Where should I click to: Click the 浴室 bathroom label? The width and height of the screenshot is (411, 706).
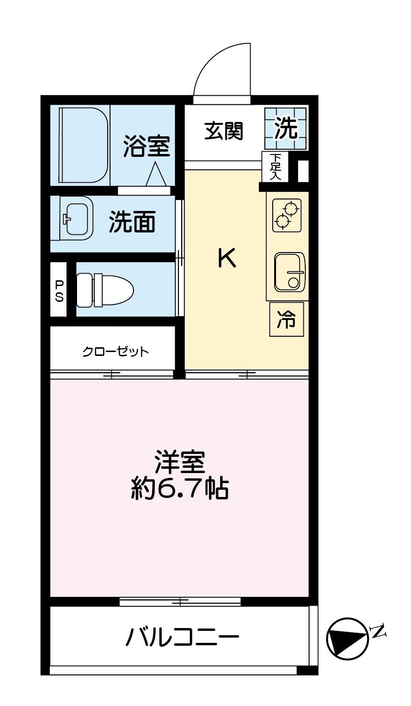click(146, 146)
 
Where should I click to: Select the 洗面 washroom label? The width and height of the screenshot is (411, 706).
click(132, 221)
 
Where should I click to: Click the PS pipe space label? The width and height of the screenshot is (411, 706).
click(59, 290)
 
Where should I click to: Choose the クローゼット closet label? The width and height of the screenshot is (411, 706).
click(115, 352)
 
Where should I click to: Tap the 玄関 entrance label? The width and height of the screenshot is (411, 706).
click(224, 131)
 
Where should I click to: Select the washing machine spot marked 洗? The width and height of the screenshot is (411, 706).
click(286, 128)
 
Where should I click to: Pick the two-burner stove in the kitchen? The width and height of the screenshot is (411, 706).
click(287, 215)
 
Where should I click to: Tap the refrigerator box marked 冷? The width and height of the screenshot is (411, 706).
click(287, 319)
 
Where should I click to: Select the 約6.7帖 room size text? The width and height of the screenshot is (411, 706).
click(179, 488)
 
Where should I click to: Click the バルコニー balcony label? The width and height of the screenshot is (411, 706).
click(182, 637)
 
